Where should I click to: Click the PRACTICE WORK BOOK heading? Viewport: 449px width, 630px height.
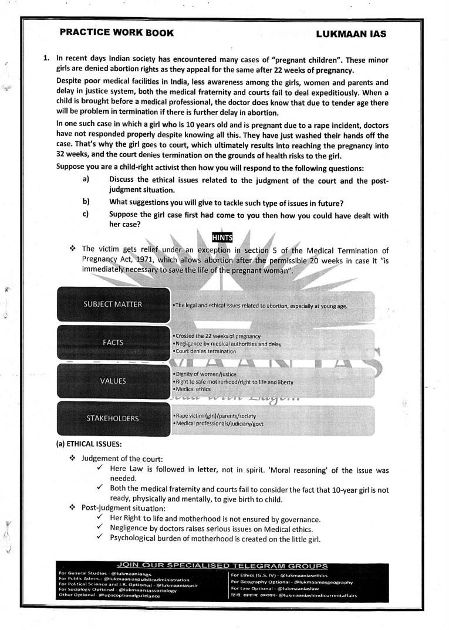(116, 33)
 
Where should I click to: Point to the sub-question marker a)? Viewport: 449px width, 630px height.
(86, 178)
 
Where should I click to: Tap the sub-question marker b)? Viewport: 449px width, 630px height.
(86, 202)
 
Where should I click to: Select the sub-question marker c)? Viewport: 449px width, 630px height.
(86, 215)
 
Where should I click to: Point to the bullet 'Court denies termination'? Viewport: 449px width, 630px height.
(204, 351)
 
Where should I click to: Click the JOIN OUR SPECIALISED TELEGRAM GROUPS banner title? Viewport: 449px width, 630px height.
(222, 566)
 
